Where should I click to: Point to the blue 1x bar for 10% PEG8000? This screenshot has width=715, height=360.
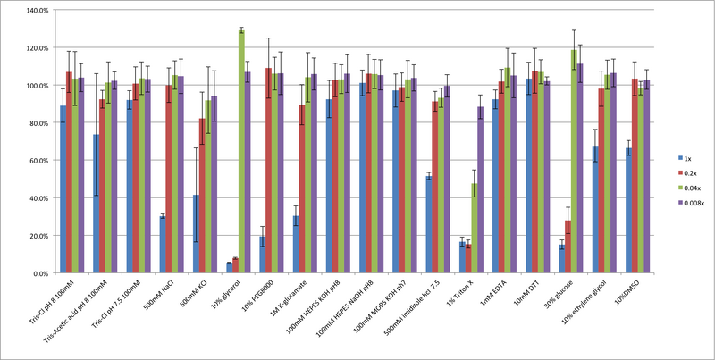pos(262,255)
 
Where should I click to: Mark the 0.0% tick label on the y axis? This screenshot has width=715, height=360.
pos(38,273)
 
